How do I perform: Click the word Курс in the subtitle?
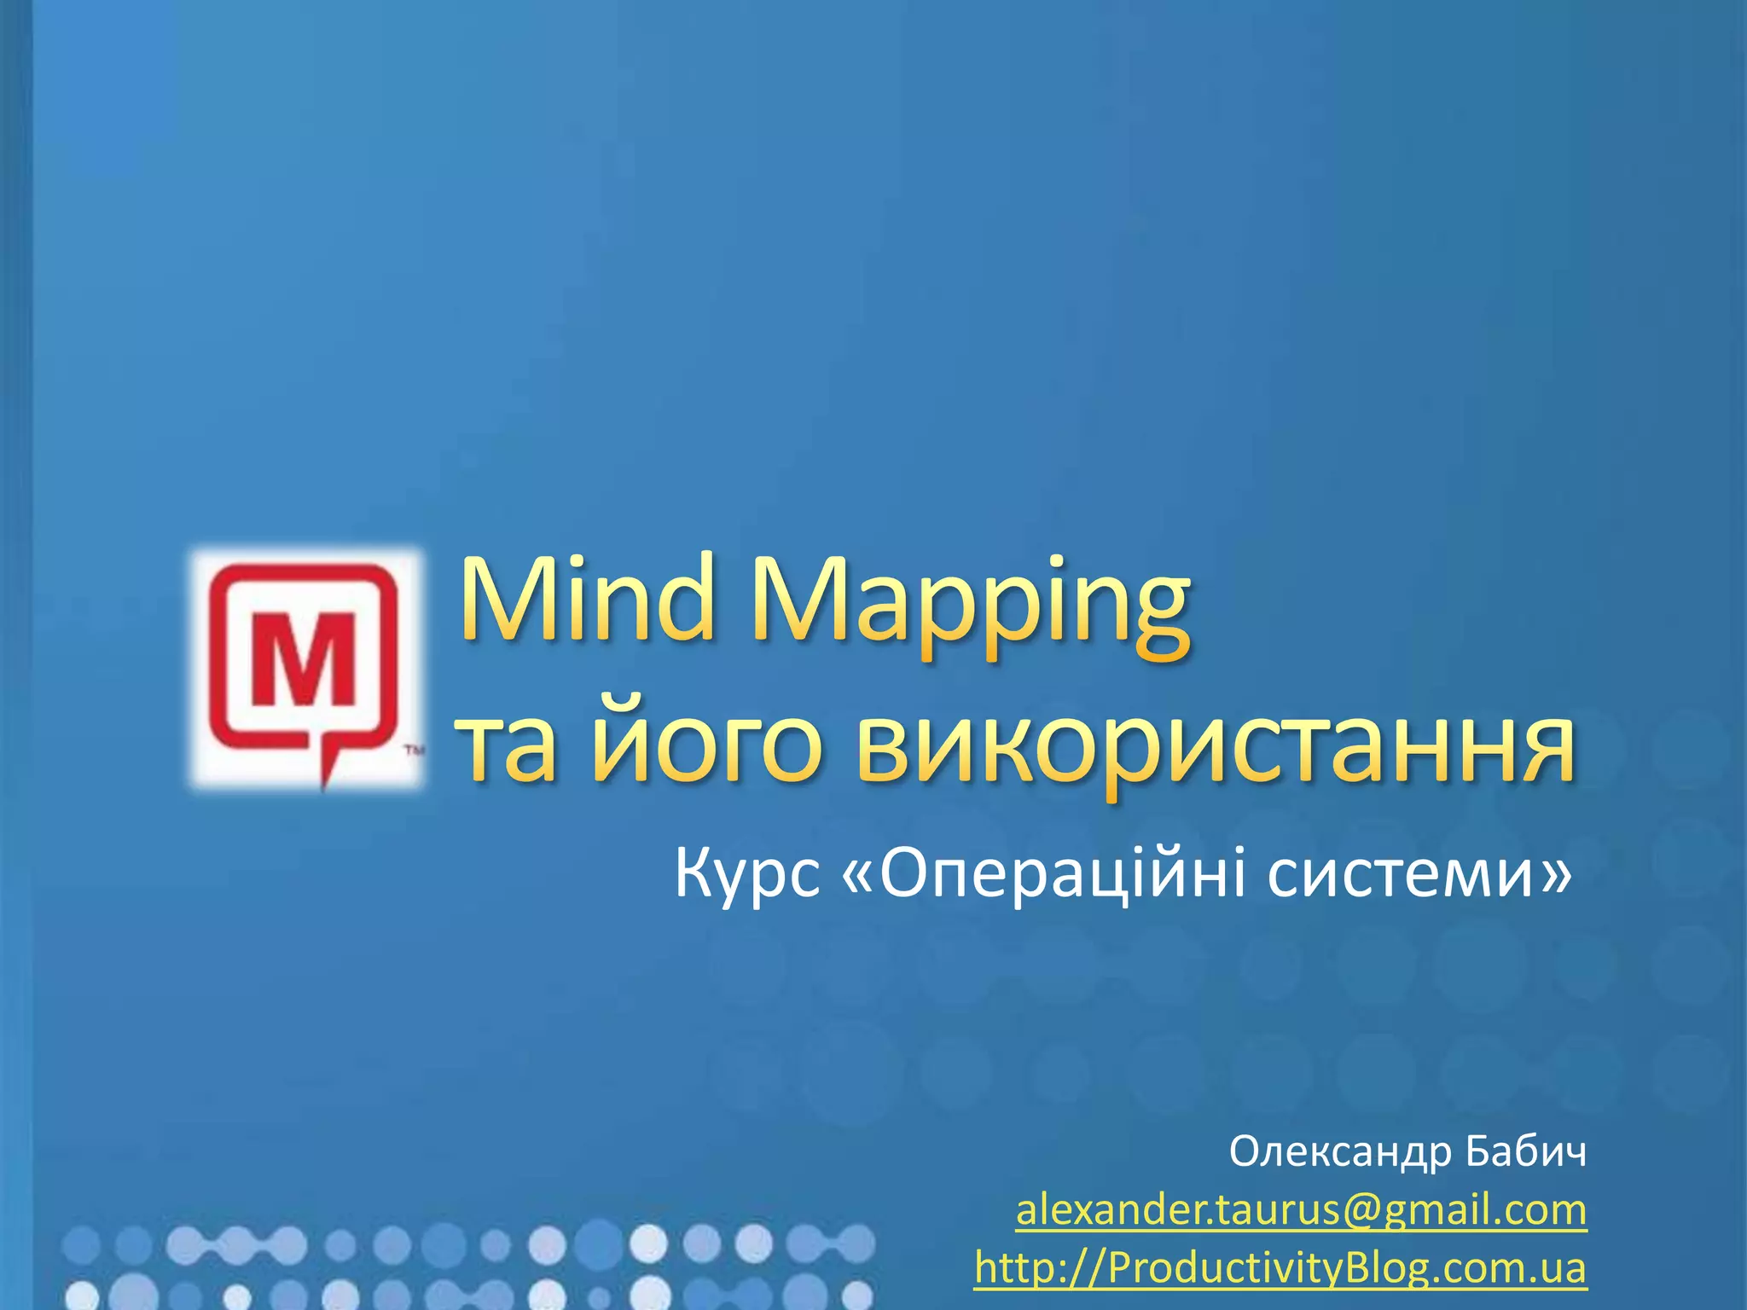747,875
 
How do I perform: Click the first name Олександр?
1340,1153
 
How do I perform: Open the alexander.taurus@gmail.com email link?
1301,1210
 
